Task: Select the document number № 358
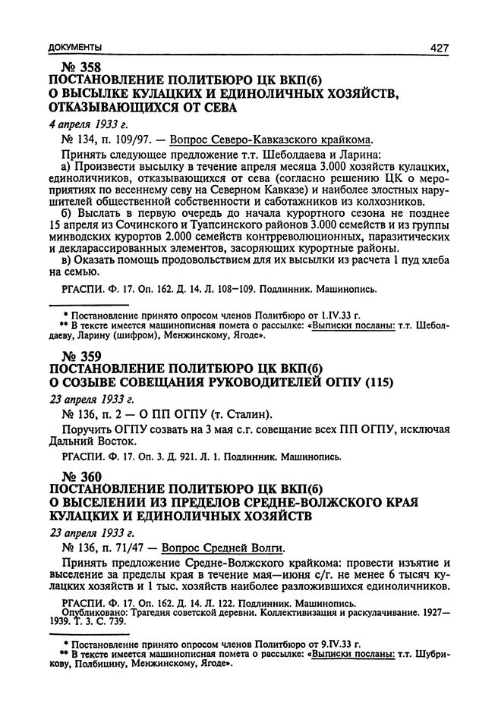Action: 74,68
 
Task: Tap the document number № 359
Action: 74,356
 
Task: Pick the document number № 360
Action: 74,476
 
